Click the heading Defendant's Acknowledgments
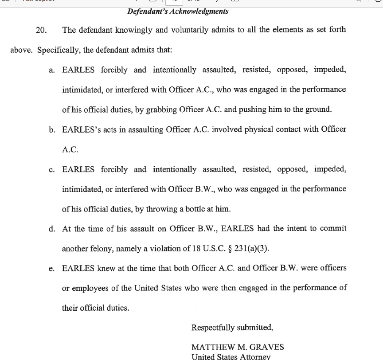[178, 11]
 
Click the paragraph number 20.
[41, 30]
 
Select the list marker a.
[52, 70]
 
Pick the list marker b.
[52, 129]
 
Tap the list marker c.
[52, 170]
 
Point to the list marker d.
[52, 229]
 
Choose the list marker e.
[52, 269]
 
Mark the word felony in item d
[102, 249]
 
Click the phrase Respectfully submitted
[232, 328]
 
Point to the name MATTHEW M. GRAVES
[238, 347]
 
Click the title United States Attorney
[231, 356]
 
